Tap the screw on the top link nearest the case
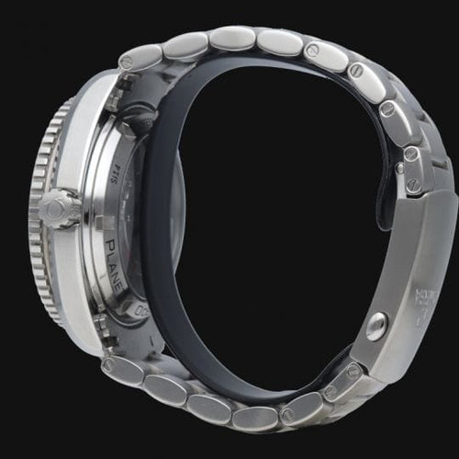point(127,62)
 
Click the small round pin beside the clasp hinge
point(375,325)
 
